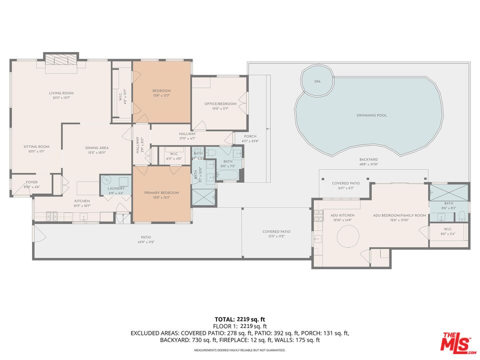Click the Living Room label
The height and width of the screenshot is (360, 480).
(61, 93)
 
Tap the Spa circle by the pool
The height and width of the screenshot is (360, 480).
(317, 81)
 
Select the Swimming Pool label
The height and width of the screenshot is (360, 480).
(371, 115)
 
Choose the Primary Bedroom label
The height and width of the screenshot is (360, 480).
(161, 192)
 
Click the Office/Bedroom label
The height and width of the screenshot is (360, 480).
(220, 104)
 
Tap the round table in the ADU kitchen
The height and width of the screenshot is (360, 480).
(347, 235)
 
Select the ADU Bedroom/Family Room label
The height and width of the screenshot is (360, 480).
(399, 215)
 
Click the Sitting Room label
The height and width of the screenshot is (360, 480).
(34, 146)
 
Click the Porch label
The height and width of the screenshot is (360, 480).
(250, 136)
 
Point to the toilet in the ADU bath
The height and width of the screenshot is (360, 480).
(461, 216)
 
